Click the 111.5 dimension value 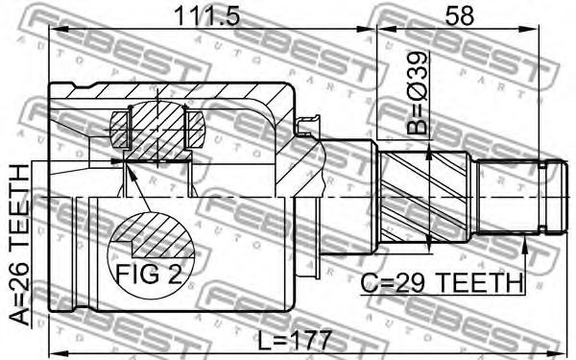pos(206,15)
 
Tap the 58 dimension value pos(459,15)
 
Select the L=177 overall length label pos(295,341)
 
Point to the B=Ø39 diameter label pos(418,93)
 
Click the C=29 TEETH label pos(442,282)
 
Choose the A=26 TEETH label pos(18,246)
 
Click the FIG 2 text pos(149,274)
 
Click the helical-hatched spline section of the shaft pos(425,198)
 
